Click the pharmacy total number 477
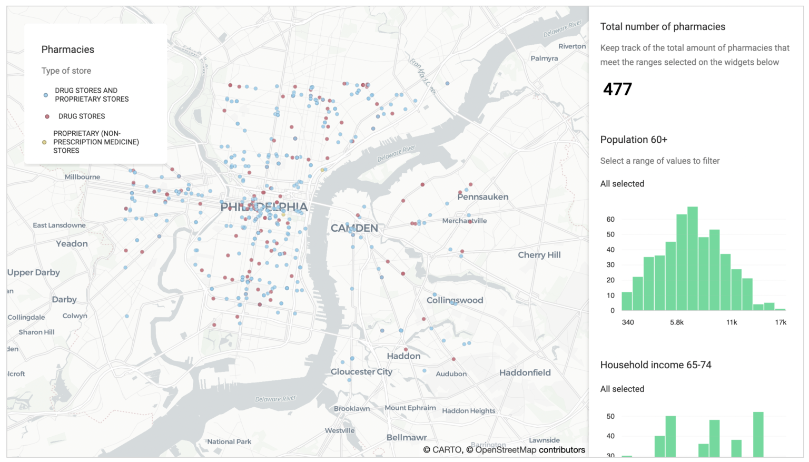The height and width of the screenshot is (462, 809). [617, 89]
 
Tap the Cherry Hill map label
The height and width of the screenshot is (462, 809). [539, 255]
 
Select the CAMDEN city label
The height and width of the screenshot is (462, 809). [354, 228]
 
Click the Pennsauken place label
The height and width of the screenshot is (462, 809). [482, 197]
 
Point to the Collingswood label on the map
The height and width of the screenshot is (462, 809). [455, 300]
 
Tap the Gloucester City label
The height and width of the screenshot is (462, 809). [361, 372]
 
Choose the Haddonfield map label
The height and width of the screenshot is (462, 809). [525, 372]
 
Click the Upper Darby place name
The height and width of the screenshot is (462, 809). [34, 272]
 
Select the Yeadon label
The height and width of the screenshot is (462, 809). [72, 244]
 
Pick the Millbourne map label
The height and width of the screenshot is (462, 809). [82, 177]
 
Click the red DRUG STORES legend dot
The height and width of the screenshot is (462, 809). [47, 116]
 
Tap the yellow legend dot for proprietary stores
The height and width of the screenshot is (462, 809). [44, 142]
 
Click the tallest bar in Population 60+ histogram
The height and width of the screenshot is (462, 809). [693, 258]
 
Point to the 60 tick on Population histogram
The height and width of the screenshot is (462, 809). [610, 219]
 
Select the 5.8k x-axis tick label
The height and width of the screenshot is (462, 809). [677, 322]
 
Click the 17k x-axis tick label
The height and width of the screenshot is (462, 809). [780, 322]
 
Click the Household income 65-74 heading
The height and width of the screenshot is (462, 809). [656, 365]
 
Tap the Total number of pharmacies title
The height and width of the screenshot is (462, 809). [663, 27]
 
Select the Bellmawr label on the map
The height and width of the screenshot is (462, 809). [407, 437]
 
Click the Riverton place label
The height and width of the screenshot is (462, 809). [572, 46]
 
